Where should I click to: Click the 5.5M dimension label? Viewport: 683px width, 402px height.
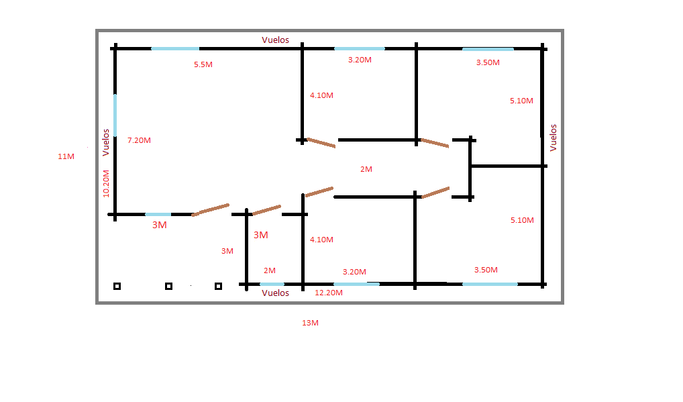pos(203,64)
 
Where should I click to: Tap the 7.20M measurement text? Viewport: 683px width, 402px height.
pos(139,140)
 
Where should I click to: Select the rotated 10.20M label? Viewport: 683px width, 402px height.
pos(106,184)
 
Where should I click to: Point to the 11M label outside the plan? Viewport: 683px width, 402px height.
pos(66,156)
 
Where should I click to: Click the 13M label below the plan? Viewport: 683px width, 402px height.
pos(310,323)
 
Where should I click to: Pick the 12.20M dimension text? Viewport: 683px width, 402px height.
pos(329,293)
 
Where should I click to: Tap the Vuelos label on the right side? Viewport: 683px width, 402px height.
pos(554,138)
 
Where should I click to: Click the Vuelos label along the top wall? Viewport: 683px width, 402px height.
pos(275,40)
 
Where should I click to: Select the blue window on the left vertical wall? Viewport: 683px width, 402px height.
pos(115,115)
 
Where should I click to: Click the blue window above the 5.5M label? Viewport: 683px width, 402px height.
pos(175,49)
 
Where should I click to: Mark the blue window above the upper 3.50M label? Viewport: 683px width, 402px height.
pos(488,49)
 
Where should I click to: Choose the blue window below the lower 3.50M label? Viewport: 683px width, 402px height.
pos(490,284)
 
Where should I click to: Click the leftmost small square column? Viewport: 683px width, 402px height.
pos(117,286)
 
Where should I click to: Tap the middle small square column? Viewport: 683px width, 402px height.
pos(168,286)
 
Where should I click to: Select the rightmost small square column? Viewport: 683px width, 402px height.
pos(218,286)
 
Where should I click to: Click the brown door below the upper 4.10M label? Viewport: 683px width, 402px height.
pos(321,143)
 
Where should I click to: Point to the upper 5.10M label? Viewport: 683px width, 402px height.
pos(521,101)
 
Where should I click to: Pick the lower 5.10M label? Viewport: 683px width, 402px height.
pos(522,220)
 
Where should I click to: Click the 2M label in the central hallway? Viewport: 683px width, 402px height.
pos(366,169)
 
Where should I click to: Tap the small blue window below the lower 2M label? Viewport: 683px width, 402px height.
pos(272,284)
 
